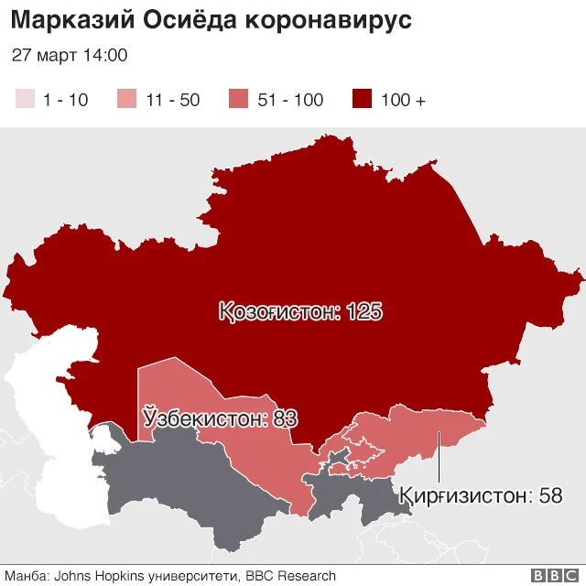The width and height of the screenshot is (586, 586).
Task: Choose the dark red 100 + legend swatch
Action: (363, 100)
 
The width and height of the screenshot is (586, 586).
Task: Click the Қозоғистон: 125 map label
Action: (299, 312)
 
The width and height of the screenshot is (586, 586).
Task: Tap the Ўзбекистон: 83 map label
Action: (220, 419)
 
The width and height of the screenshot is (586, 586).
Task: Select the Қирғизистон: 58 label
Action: (480, 495)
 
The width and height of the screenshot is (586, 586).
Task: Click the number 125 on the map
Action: (364, 312)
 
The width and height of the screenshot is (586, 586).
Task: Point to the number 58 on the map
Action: (550, 495)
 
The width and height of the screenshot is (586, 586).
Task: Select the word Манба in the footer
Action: (24, 576)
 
